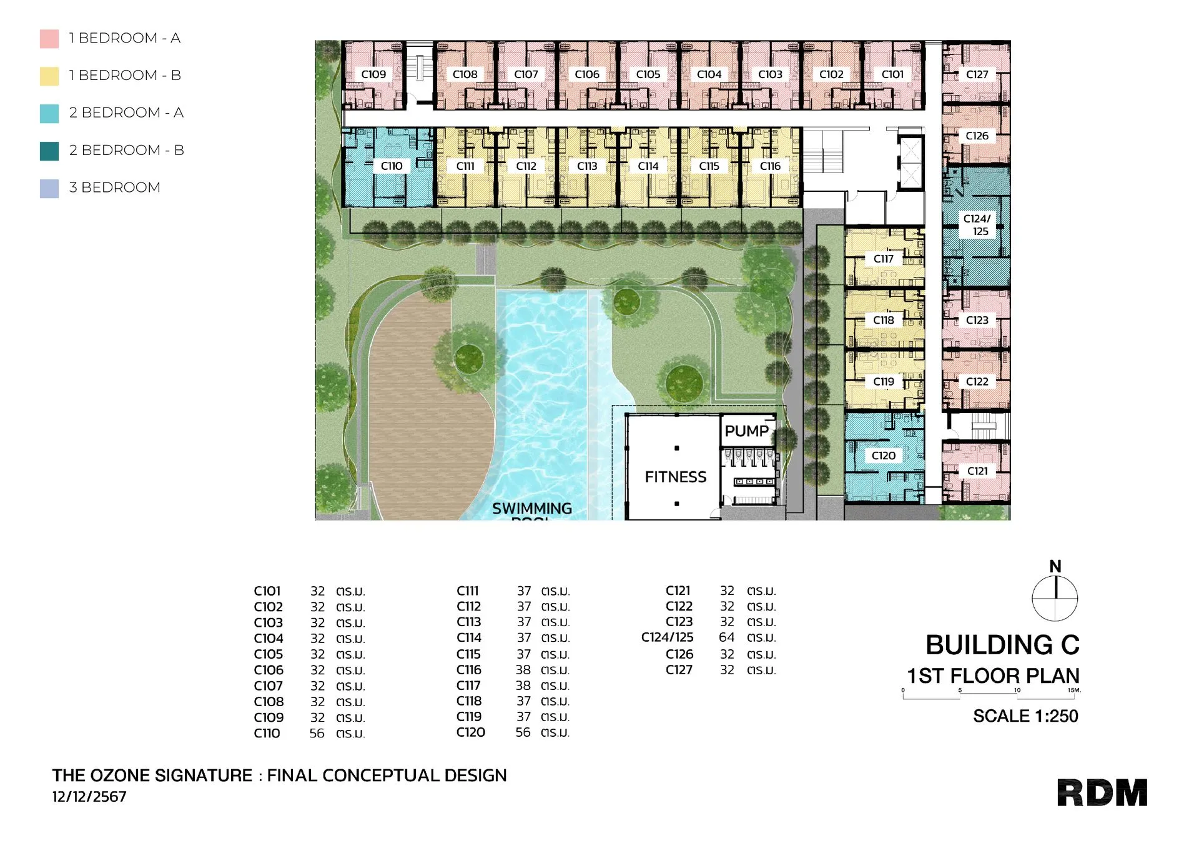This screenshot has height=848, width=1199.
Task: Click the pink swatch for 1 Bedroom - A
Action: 49,39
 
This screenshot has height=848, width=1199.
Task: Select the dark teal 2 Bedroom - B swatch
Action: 49,151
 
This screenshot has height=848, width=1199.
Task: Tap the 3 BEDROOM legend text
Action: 114,187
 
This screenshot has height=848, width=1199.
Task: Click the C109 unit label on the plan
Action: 373,74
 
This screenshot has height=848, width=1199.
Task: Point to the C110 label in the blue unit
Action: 392,166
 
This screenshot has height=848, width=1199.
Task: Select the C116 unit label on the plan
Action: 770,166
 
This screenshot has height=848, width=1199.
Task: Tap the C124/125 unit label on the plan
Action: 977,225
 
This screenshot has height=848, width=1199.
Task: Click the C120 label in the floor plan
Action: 884,456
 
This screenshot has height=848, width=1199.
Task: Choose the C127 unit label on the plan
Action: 977,74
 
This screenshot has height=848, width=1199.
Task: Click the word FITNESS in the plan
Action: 676,477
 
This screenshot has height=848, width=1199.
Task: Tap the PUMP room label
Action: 747,431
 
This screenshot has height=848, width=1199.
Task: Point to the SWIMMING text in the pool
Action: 532,509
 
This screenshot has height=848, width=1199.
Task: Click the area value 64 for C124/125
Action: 727,637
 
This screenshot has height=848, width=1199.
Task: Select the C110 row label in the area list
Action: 267,734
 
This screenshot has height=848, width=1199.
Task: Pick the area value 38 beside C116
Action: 523,670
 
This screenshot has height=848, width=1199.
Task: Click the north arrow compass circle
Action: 1055,598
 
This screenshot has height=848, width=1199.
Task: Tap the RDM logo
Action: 1102,793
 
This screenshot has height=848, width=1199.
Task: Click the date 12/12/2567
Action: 89,797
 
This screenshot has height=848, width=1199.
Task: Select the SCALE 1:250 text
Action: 1025,716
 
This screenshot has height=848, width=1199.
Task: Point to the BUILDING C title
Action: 1002,645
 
